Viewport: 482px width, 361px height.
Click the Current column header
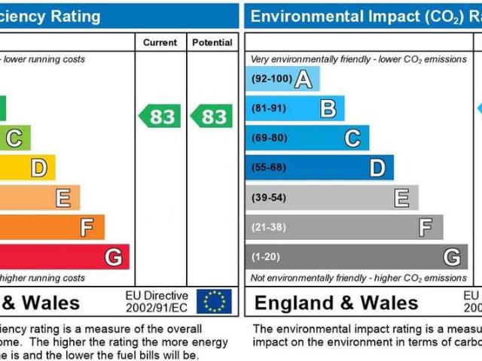click(160, 43)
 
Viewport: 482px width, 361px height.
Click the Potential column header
click(212, 43)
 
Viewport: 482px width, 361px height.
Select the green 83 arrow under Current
click(160, 117)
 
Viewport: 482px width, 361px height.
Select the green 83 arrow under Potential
click(211, 117)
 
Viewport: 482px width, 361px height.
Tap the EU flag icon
click(214, 302)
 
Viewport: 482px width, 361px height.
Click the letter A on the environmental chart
click(303, 79)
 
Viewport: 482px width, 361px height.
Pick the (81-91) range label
click(269, 108)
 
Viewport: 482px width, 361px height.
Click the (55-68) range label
click(269, 168)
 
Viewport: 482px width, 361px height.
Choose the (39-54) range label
click(269, 197)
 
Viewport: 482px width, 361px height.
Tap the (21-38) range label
click(269, 227)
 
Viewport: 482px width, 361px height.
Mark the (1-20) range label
click(265, 257)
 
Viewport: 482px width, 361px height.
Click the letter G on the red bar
click(113, 257)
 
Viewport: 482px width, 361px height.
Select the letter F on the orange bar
click(87, 227)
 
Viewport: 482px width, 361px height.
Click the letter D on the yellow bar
click(38, 168)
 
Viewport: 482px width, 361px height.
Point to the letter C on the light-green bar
click(14, 138)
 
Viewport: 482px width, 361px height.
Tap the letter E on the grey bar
click(401, 198)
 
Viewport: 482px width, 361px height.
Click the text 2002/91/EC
click(157, 308)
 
